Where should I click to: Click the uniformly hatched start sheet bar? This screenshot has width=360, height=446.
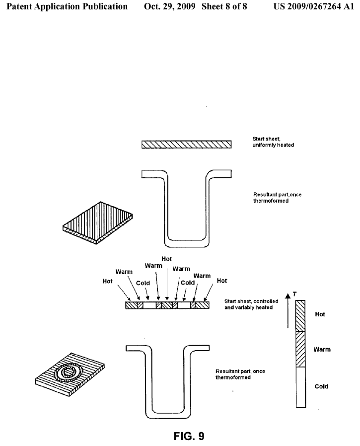pos(186,145)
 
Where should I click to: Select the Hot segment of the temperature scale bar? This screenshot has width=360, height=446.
pos(300,316)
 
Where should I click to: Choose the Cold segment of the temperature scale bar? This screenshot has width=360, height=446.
pos(300,387)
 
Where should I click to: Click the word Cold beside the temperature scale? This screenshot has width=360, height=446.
pos(321,386)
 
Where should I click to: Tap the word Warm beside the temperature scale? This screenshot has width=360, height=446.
pos(322,350)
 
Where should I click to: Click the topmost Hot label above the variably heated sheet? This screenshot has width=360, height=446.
pos(167,259)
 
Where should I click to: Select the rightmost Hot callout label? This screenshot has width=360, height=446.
pos(222,281)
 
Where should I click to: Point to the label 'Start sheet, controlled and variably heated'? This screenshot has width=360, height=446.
pos(251,304)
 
